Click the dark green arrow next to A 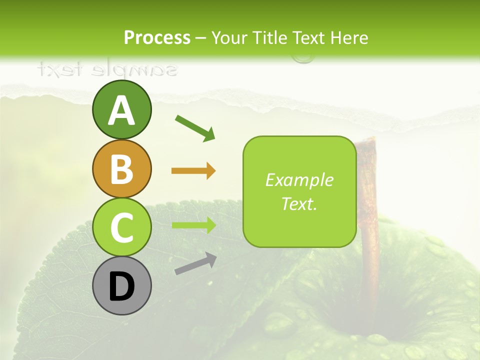click(x=195, y=127)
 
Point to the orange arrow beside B click(x=193, y=171)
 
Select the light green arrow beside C click(x=193, y=225)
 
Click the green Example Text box click(x=299, y=191)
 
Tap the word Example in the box click(x=299, y=180)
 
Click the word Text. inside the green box click(x=299, y=204)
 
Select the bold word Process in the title click(x=157, y=37)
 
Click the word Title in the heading click(x=269, y=37)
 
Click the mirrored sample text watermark click(x=107, y=70)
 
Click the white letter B click(x=121, y=169)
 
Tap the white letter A click(x=121, y=110)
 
